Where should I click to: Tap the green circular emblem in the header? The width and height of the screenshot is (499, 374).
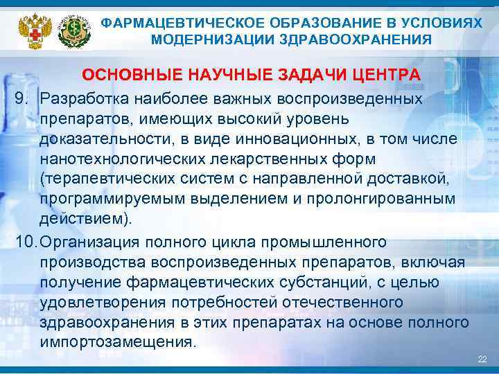[x=73, y=28]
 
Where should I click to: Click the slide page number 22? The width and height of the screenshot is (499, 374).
[x=482, y=359]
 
